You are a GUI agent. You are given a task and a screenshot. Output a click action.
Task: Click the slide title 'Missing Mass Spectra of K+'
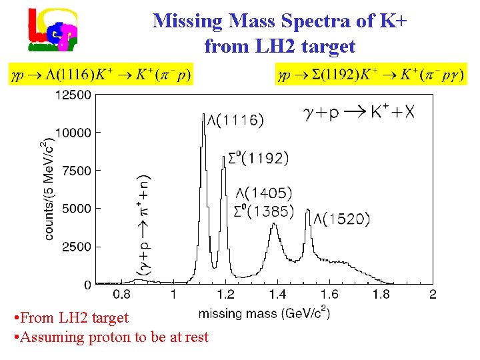[280, 21]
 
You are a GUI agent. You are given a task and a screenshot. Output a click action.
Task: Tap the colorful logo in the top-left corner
[53, 30]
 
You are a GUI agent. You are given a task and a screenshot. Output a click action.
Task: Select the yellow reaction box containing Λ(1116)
[100, 74]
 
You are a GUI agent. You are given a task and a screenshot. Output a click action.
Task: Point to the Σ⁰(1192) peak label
[255, 158]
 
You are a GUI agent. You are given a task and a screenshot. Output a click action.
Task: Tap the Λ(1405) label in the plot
[264, 193]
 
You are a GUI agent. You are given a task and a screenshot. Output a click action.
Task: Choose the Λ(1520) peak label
[341, 219]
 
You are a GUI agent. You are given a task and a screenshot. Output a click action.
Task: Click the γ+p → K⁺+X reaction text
[359, 113]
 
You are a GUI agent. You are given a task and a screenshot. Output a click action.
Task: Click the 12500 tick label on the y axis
[73, 95]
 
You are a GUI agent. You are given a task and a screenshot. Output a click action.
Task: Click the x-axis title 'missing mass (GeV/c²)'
[264, 312]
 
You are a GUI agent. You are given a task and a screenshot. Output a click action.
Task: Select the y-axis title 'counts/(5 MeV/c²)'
[49, 190]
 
